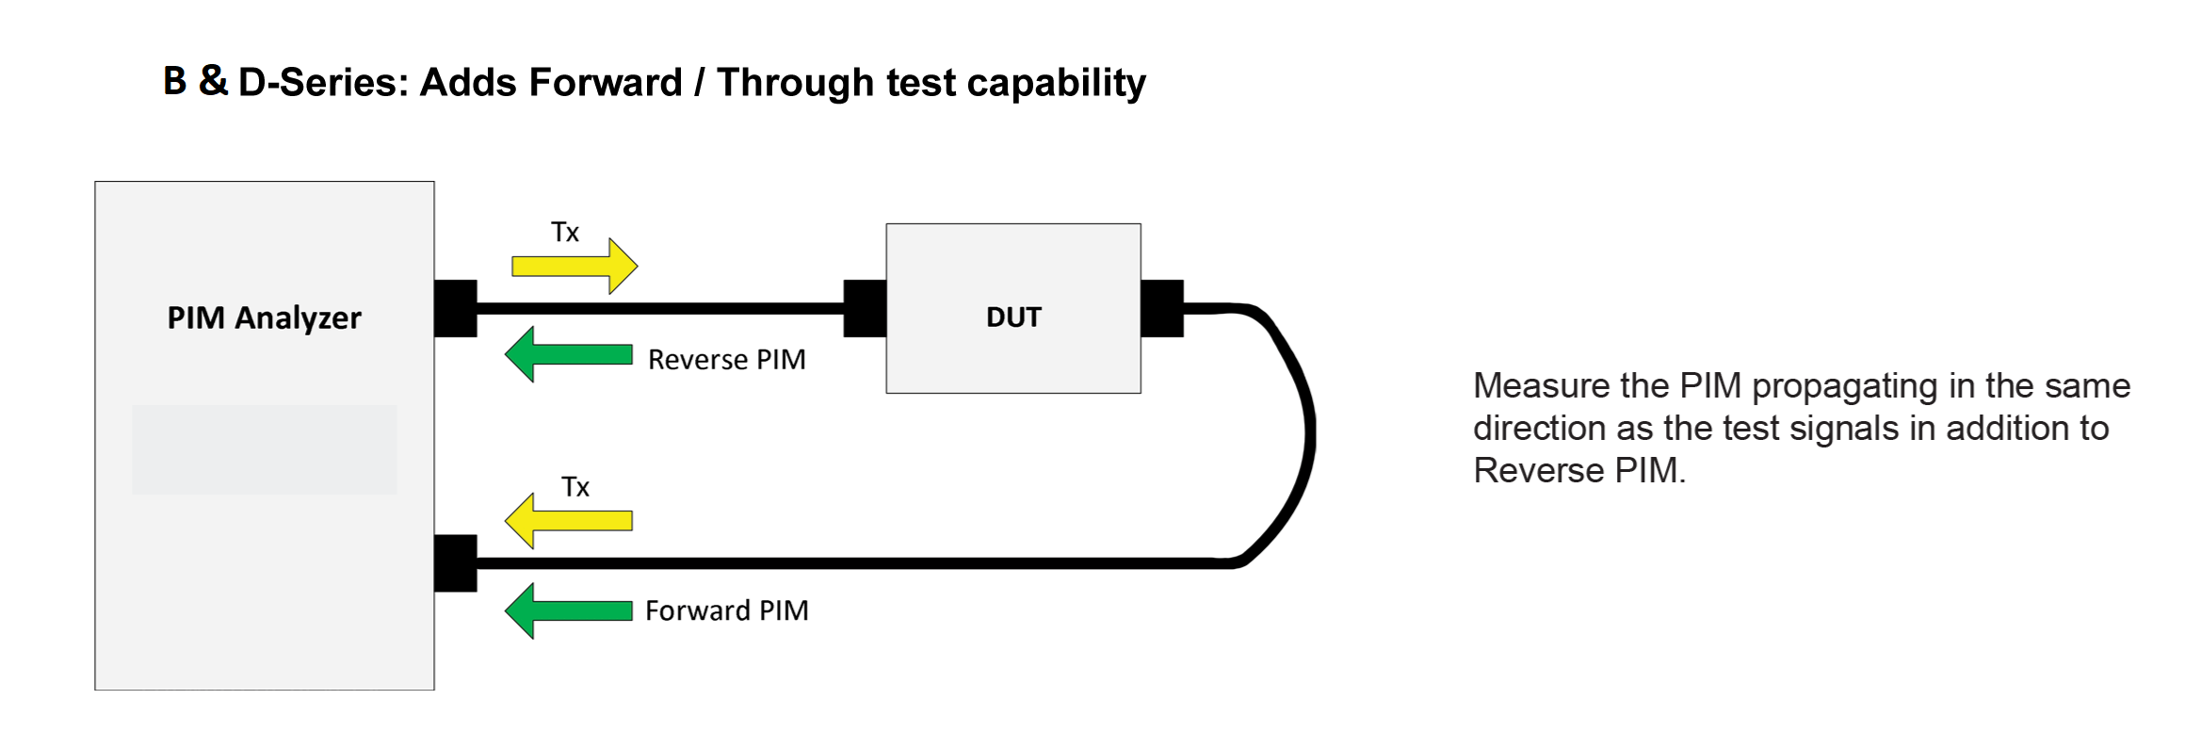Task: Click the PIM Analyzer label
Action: tap(264, 318)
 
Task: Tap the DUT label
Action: tap(1013, 317)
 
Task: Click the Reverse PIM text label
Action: tap(726, 360)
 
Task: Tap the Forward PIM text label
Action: tap(726, 611)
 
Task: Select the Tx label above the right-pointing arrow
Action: tap(565, 233)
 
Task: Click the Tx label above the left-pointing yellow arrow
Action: tap(575, 487)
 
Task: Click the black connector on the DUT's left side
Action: tap(865, 308)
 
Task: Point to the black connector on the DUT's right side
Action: tap(1162, 308)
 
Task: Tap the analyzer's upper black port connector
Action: tap(456, 308)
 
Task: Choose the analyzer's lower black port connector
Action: tap(456, 563)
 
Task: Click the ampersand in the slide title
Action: tap(213, 81)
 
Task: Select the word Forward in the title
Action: tap(605, 83)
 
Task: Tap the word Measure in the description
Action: tap(1541, 386)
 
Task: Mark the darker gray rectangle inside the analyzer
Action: tap(264, 449)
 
